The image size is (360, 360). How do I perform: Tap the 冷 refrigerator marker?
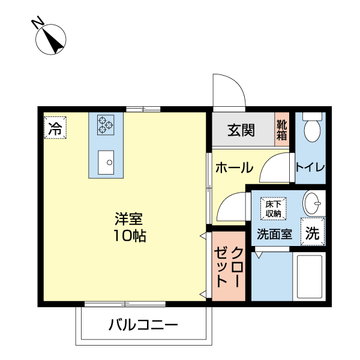[x=55, y=128]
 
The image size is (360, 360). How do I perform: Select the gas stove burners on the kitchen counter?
[x=106, y=124]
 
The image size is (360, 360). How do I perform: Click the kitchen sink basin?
[x=106, y=161]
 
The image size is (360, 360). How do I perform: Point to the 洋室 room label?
[x=130, y=218]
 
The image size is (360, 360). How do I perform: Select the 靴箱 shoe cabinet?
[x=282, y=130]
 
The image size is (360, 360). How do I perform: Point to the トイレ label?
[x=310, y=167]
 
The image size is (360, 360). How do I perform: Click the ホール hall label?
[x=234, y=168]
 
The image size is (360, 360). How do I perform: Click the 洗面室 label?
[x=274, y=235]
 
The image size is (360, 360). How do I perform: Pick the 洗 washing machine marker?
[x=312, y=233]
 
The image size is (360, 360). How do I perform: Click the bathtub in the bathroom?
[x=309, y=275]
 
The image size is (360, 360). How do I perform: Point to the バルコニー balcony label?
[x=143, y=326]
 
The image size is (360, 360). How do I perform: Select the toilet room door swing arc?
[x=276, y=165]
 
